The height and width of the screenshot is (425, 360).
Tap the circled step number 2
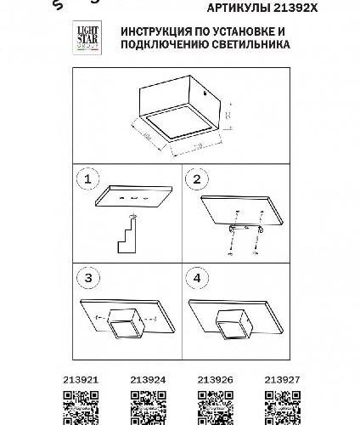coord(196,179)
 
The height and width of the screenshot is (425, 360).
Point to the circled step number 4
coord(196,278)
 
